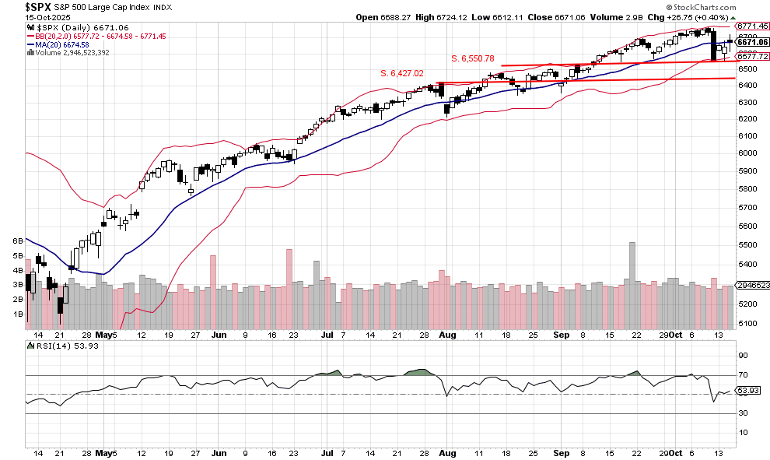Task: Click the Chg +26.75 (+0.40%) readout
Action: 702,17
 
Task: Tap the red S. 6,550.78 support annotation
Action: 484,58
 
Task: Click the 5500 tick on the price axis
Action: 748,244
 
